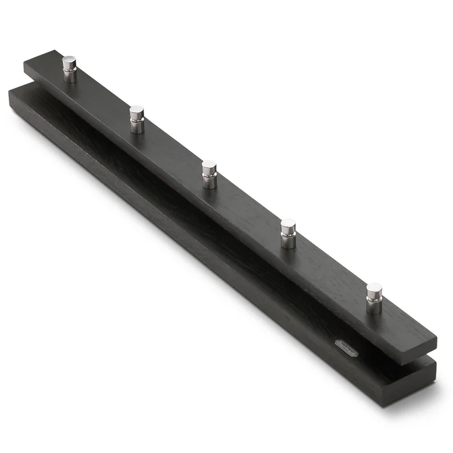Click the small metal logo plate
pos(345,347)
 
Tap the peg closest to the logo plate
pos(374,298)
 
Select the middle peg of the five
pos(210,174)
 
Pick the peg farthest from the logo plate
pos(69,69)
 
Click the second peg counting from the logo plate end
pos(288,233)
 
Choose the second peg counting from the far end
pos(137,119)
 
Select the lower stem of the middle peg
pos(210,182)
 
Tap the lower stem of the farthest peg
pos(69,76)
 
